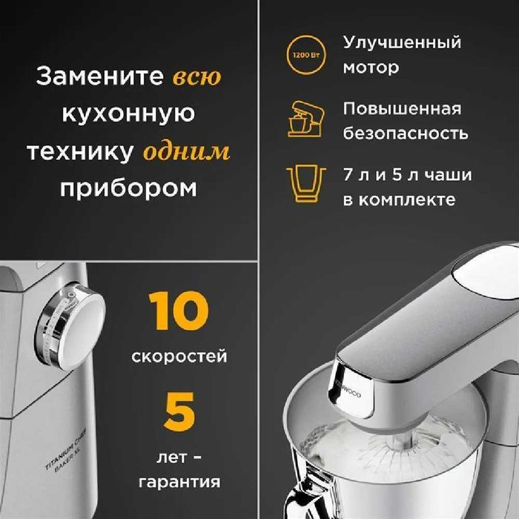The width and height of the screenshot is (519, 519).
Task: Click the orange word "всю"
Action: click(196, 77)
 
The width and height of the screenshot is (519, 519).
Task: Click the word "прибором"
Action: click(129, 188)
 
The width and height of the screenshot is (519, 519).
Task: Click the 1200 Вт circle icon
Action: click(303, 54)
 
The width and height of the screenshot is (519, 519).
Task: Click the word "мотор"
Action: click(371, 67)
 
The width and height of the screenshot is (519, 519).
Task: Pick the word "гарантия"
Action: click(179, 482)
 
